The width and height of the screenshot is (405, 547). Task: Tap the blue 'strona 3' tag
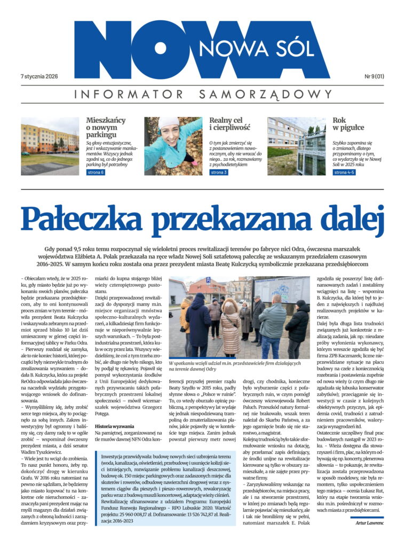[x=219, y=173]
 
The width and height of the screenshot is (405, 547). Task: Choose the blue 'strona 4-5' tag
[x=344, y=173]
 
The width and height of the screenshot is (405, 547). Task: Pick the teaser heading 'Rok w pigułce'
[x=348, y=124]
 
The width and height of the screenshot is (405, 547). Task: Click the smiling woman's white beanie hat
[x=168, y=123]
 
